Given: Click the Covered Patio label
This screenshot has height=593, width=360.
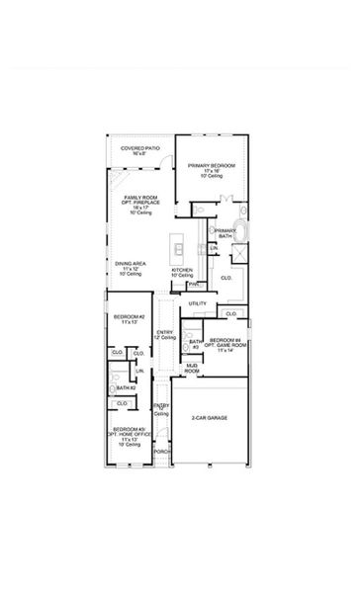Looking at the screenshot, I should (139, 150).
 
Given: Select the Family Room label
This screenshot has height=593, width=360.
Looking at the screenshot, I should (139, 204).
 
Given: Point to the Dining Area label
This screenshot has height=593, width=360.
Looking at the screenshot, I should (130, 266).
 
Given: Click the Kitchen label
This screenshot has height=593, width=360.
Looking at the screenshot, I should (182, 271).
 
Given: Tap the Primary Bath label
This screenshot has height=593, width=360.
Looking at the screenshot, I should (225, 234).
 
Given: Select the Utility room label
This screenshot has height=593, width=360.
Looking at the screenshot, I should (198, 303).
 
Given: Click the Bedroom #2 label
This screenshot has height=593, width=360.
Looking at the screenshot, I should (128, 319).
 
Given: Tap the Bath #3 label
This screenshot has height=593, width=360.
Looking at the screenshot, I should (196, 345).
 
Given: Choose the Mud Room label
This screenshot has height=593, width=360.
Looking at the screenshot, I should (192, 369).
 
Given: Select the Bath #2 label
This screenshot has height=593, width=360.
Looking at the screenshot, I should (125, 388).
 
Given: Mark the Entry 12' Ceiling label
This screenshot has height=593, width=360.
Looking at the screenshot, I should (164, 335).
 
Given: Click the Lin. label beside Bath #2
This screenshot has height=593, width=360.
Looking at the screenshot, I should (139, 371).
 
